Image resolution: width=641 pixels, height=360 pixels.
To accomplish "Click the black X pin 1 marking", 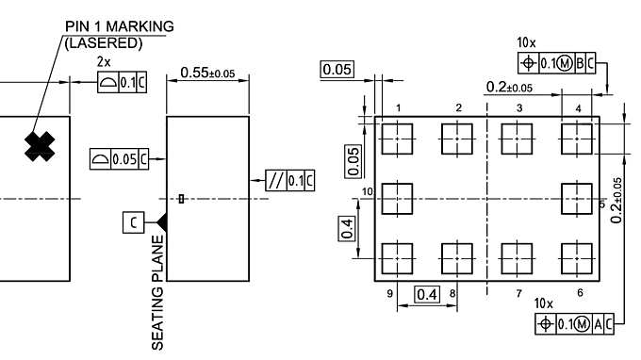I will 39,144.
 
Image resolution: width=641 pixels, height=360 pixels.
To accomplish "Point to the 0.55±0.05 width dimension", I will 206,73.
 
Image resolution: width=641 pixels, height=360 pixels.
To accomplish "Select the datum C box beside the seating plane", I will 135,221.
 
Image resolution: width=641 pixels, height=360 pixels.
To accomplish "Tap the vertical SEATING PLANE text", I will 157,292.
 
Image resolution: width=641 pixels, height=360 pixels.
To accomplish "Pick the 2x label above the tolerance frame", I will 105,61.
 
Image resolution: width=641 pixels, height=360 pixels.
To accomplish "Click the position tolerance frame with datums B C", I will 558,62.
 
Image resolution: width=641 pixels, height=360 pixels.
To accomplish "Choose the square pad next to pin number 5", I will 575,200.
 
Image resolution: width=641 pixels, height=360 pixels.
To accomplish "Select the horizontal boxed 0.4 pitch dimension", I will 427,294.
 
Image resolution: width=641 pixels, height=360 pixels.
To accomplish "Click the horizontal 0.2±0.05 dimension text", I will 509,88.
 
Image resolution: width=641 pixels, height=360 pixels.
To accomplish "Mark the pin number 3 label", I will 519,108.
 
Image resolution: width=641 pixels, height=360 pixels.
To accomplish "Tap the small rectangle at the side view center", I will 181,199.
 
